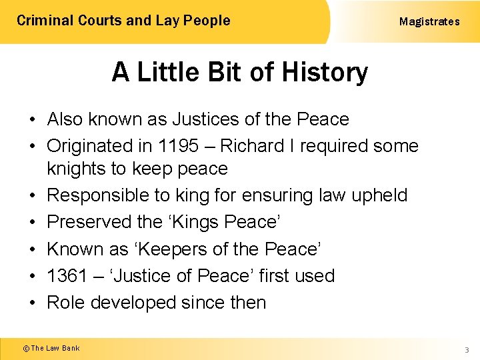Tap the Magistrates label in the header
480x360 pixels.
[x=429, y=21]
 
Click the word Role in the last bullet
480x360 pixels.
[x=66, y=302]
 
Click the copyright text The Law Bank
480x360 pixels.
[x=55, y=348]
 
